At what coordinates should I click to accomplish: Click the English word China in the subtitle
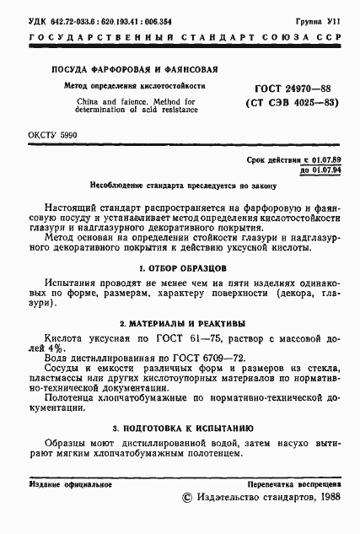pos(68,101)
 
